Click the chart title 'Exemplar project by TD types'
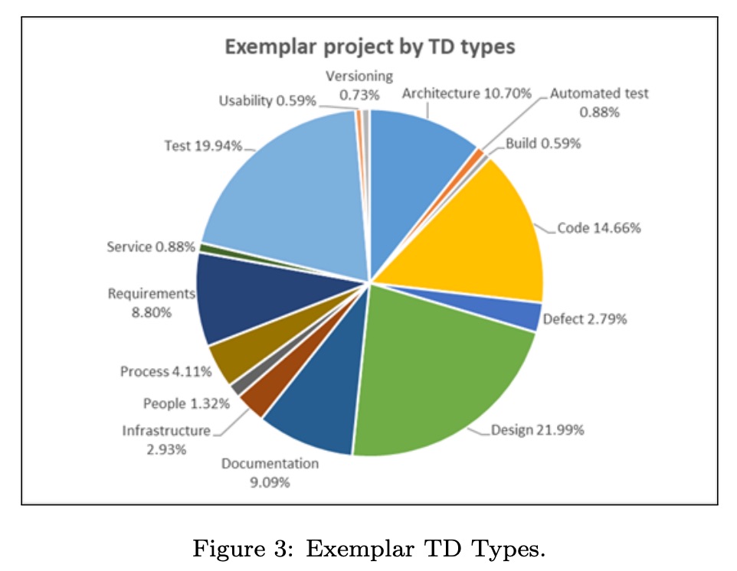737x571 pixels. (369, 47)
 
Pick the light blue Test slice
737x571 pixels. (291, 199)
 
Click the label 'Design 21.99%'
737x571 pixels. (538, 430)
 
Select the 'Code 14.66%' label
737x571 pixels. (598, 228)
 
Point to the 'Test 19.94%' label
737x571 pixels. (203, 145)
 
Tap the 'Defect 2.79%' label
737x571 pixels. (585, 319)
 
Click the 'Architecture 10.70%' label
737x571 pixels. (467, 93)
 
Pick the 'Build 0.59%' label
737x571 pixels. (543, 144)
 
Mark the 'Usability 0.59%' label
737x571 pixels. (267, 101)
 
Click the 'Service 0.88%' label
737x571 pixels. (151, 248)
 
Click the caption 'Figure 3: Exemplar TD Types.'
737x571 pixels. (368, 549)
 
